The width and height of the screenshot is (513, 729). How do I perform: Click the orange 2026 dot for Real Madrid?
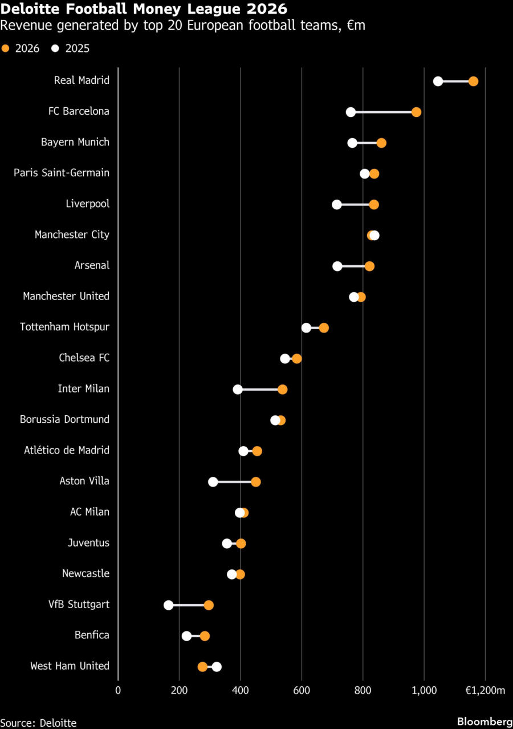click(x=473, y=81)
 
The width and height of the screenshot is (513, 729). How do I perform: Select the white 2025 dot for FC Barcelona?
click(x=351, y=112)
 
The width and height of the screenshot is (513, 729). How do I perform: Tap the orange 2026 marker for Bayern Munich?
click(x=381, y=143)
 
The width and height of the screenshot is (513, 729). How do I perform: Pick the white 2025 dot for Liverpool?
click(x=337, y=204)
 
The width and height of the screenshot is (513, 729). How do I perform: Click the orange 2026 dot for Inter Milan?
click(x=282, y=389)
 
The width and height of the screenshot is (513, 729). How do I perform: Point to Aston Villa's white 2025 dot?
click(x=213, y=481)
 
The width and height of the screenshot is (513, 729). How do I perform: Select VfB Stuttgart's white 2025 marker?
click(x=168, y=605)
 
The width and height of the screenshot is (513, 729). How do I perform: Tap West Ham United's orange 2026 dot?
click(x=202, y=666)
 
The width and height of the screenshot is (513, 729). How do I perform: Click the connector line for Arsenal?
click(x=353, y=266)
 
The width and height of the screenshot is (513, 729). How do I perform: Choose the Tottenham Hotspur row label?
click(x=64, y=327)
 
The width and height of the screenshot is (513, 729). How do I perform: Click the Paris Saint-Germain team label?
click(x=62, y=173)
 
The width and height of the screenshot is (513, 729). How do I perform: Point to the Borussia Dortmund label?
click(x=64, y=419)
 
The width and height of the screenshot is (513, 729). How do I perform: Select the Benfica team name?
click(x=92, y=635)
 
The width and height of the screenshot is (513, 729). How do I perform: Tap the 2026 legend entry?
click(x=22, y=48)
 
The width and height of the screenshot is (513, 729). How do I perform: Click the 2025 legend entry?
click(x=71, y=48)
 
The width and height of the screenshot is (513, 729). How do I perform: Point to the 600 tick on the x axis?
click(x=302, y=691)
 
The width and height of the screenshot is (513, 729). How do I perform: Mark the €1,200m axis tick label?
click(x=485, y=691)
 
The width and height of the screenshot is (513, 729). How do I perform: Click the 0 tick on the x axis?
click(x=118, y=691)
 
